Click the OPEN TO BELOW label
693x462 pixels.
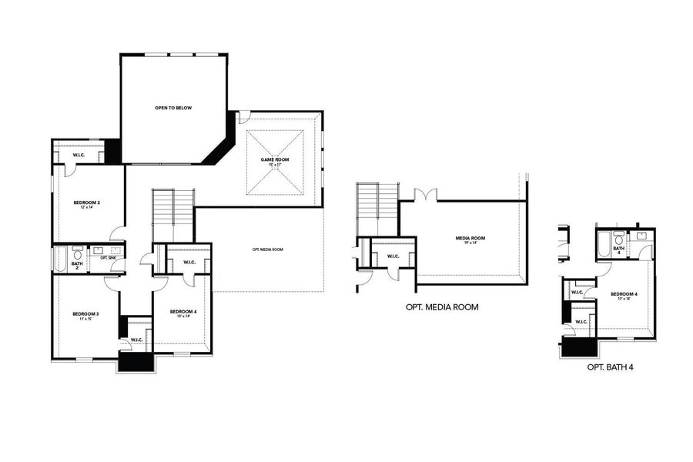(x=172, y=108)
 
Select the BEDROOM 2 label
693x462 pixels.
(x=87, y=204)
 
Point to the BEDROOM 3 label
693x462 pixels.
(x=85, y=315)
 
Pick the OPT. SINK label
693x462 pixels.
(x=108, y=257)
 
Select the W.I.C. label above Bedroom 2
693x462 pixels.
(x=79, y=156)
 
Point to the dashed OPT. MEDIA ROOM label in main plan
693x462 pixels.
(x=267, y=249)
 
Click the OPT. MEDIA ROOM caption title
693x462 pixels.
(x=441, y=306)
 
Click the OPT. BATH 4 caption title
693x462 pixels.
(x=610, y=367)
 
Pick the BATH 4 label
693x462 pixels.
(x=618, y=250)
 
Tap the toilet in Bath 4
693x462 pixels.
(x=619, y=239)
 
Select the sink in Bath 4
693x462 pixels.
(x=641, y=235)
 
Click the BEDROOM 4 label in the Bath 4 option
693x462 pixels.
(x=624, y=296)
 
